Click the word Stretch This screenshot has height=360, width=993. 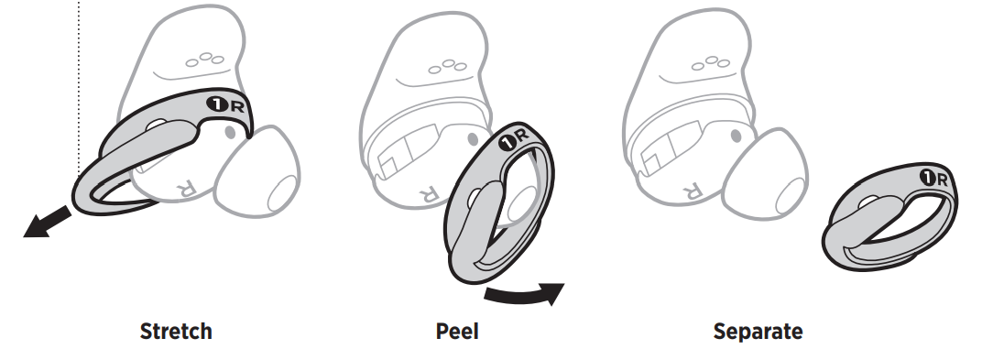175,331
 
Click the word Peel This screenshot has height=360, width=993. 457,331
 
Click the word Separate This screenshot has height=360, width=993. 758,331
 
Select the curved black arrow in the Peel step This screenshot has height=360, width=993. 523,294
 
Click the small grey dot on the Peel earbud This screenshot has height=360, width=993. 470,137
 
